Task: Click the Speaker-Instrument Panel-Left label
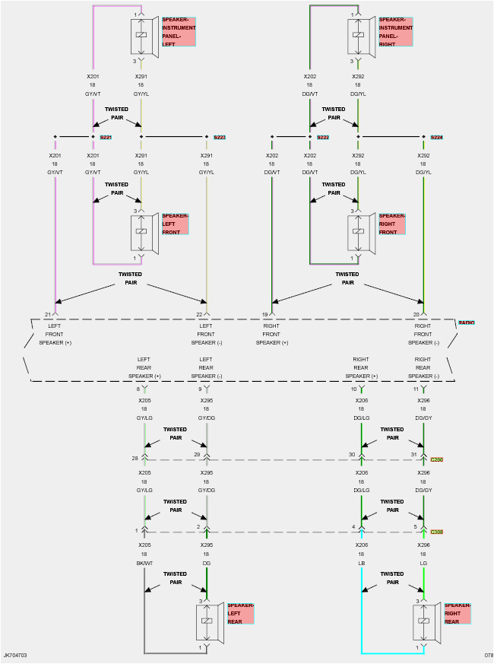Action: click(x=179, y=32)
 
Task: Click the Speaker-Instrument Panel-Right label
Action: click(x=395, y=32)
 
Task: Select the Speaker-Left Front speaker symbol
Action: click(x=141, y=231)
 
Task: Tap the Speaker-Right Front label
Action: click(x=391, y=224)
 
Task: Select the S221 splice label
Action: click(x=106, y=138)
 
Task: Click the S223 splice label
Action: click(x=220, y=138)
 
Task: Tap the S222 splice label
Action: click(x=323, y=138)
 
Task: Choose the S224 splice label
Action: click(x=436, y=138)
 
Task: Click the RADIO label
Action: click(x=466, y=322)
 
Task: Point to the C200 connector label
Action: click(x=436, y=459)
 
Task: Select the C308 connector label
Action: click(x=436, y=532)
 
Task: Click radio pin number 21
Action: click(x=47, y=314)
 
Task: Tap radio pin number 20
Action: click(x=415, y=314)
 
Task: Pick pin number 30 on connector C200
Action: click(x=352, y=454)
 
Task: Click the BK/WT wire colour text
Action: click(x=144, y=563)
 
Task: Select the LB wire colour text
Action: click(x=362, y=563)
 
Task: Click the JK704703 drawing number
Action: click(x=15, y=655)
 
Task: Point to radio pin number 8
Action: click(x=138, y=389)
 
